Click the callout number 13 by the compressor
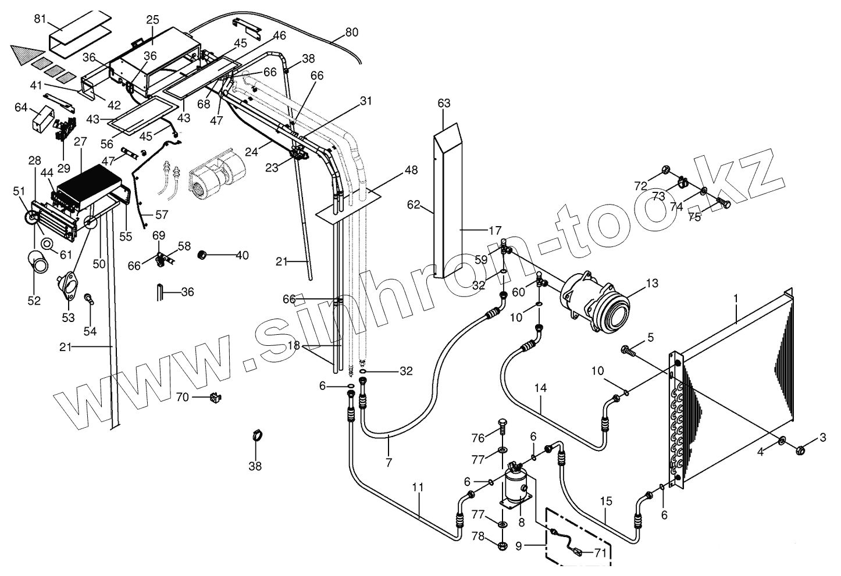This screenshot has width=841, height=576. point(651,283)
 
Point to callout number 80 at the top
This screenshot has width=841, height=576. point(351,33)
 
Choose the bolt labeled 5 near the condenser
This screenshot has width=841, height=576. point(628,350)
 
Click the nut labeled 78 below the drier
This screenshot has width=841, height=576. point(503,545)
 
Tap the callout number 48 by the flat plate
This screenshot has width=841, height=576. point(411,171)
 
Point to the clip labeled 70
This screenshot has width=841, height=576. point(216,398)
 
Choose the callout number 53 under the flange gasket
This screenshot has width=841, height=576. point(69,317)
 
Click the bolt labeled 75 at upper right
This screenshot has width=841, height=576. point(723,205)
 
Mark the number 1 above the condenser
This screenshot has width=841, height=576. point(735,298)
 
